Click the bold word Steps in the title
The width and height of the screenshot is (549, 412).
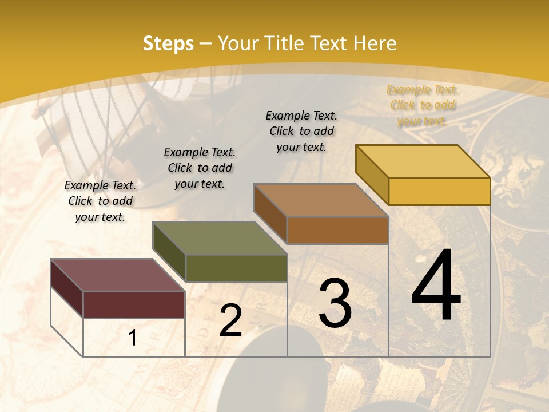click(x=168, y=43)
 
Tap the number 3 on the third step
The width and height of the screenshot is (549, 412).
click(x=335, y=303)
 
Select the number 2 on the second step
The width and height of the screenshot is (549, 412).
click(x=230, y=320)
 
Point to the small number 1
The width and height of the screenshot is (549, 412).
click(x=133, y=338)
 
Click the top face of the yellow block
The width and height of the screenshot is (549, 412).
click(x=423, y=161)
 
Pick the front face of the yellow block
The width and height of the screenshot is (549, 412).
click(x=439, y=191)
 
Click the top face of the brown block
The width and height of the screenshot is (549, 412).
click(x=321, y=200)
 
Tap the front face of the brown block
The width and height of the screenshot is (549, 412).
click(x=337, y=230)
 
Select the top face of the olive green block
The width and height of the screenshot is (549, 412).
click(x=220, y=237)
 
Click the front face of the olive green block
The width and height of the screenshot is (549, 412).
click(x=236, y=268)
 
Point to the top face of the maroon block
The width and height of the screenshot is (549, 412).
click(x=117, y=275)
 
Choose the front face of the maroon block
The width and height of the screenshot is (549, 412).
click(x=134, y=304)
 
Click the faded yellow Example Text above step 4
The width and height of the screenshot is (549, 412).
click(x=422, y=105)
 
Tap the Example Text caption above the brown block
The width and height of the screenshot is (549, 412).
click(x=301, y=131)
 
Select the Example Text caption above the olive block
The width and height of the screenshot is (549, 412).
click(x=200, y=168)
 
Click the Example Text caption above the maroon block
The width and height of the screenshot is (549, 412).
click(x=100, y=201)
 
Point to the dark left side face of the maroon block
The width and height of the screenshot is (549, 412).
click(x=67, y=288)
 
